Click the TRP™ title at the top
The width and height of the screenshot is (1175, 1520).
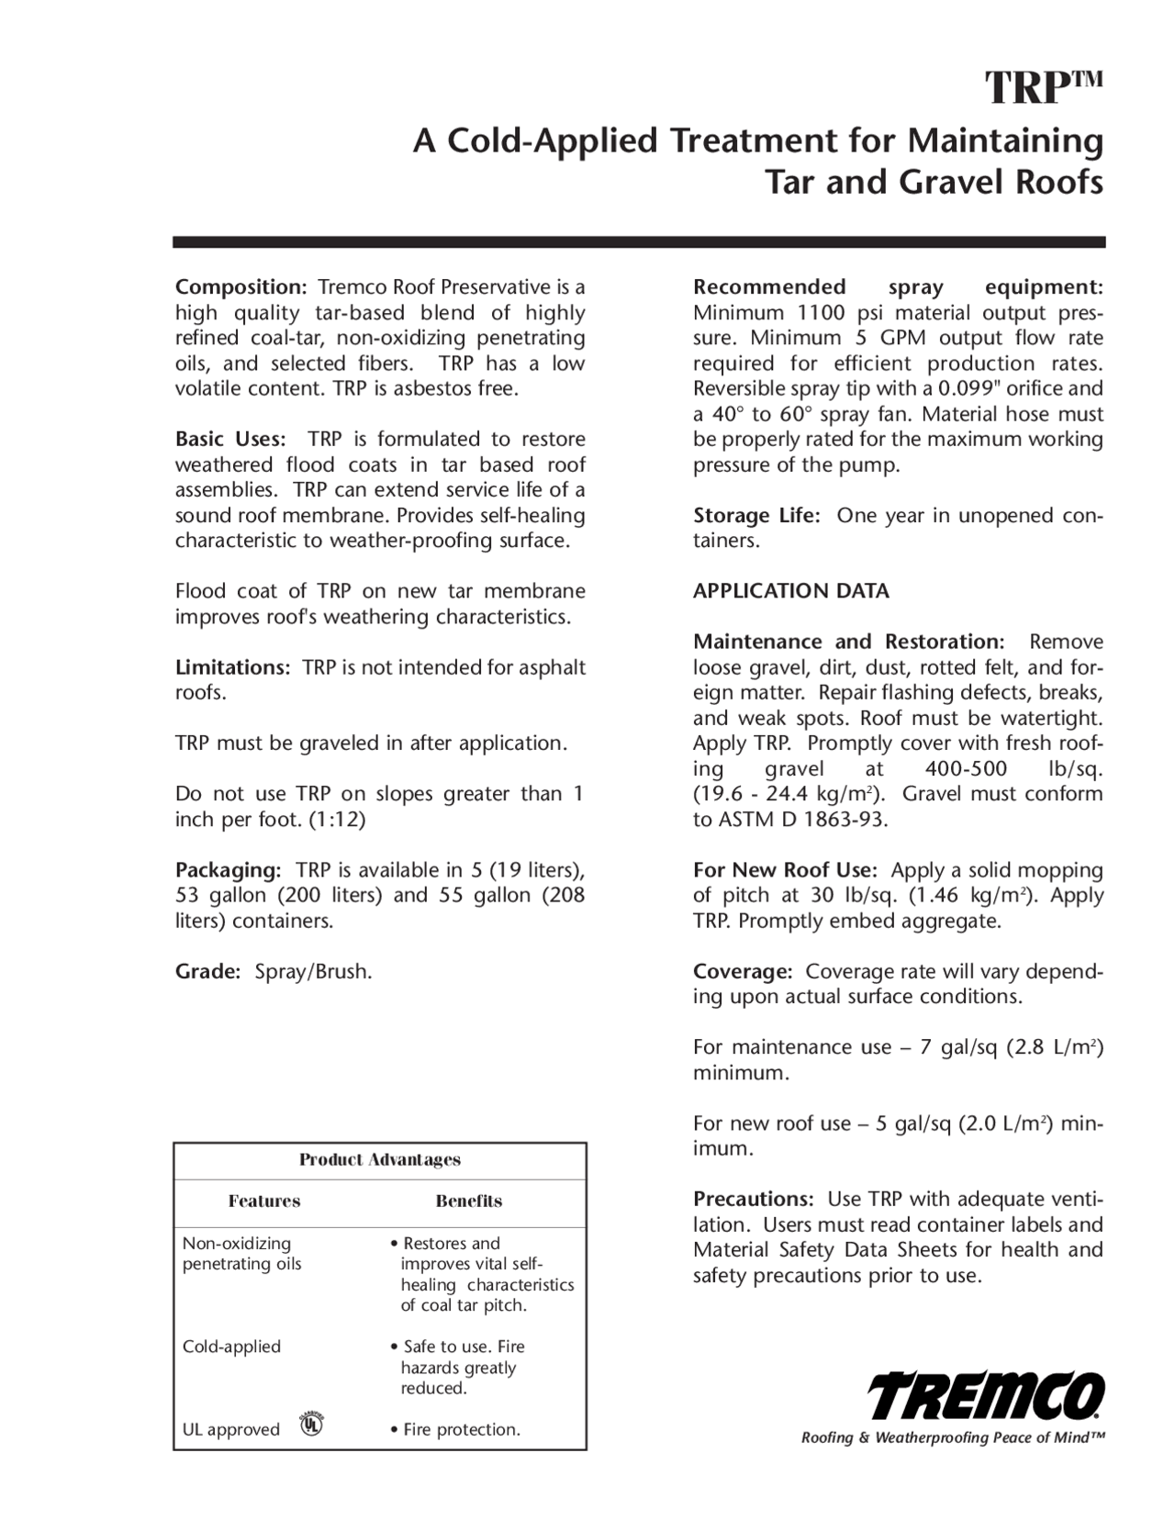(1043, 88)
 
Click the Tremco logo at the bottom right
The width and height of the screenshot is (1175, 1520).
(987, 1396)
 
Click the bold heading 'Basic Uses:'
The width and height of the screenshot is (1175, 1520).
(229, 439)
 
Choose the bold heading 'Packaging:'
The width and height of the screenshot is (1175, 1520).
(228, 869)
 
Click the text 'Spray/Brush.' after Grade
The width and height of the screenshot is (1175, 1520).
(313, 971)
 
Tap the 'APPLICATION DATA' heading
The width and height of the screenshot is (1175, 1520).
(790, 591)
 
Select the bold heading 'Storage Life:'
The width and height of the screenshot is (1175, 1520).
(755, 515)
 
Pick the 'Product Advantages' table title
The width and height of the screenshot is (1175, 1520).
(379, 1159)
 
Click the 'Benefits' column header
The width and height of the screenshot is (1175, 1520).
(468, 1201)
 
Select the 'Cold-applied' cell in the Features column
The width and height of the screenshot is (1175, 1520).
(231, 1347)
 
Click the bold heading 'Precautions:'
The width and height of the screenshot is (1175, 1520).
(753, 1199)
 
